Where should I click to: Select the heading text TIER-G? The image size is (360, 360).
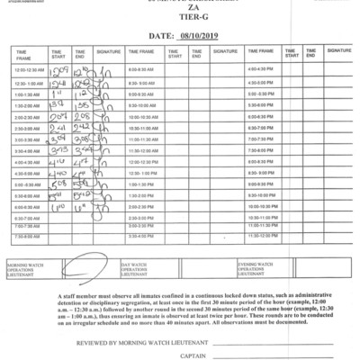click(x=179, y=22)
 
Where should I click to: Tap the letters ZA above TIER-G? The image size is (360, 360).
click(x=179, y=13)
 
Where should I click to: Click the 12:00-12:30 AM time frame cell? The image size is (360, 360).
click(x=31, y=69)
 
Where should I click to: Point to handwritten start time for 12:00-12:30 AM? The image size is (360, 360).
click(x=60, y=67)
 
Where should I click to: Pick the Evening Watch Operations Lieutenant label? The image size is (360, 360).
click(x=255, y=266)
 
